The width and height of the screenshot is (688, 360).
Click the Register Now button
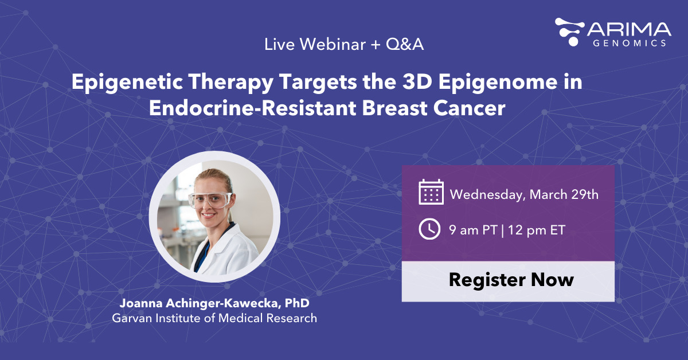tap(508, 280)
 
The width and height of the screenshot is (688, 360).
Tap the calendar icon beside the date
tap(431, 192)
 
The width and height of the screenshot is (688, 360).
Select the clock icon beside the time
tap(429, 229)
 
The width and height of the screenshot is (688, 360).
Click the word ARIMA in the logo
tap(629, 30)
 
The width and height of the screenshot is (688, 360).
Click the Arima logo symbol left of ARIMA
tap(570, 31)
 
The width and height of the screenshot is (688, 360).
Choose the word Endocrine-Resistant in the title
tap(237, 108)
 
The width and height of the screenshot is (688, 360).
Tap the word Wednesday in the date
tap(486, 194)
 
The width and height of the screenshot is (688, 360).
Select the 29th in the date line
tap(584, 194)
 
